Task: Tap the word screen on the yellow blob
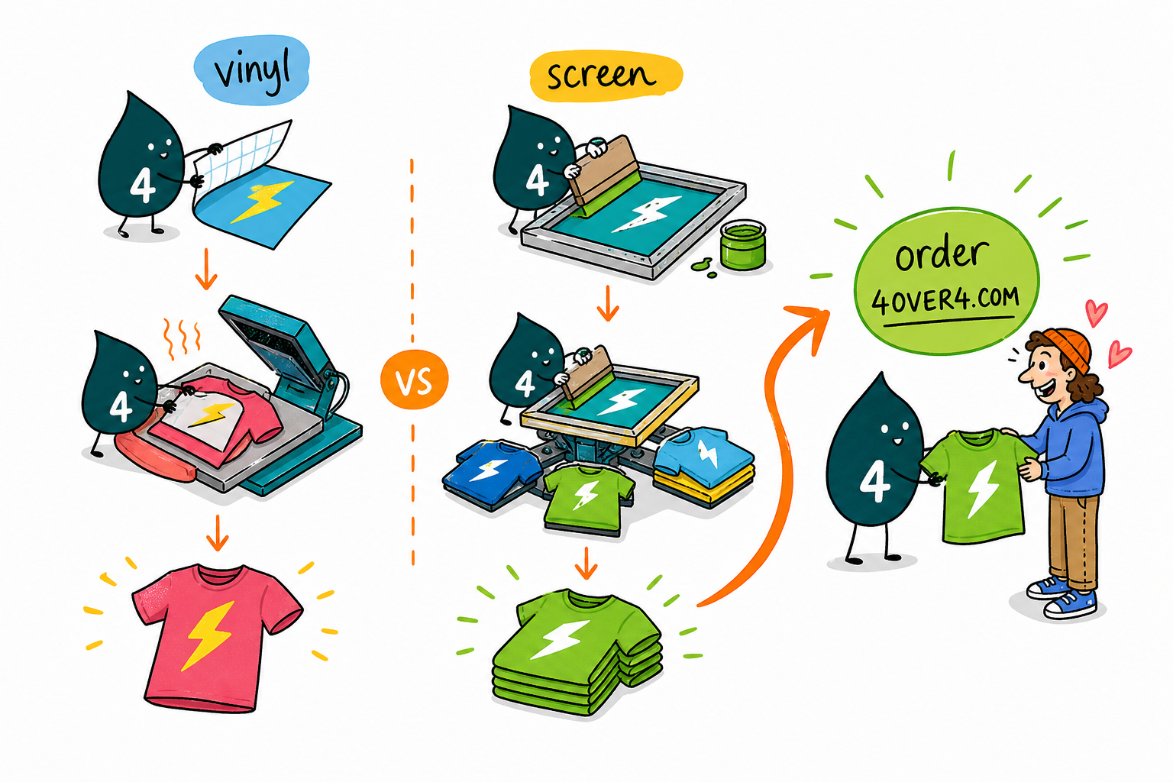601,76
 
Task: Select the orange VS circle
414,380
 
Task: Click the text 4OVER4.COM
945,300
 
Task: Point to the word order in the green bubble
942,254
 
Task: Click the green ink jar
743,244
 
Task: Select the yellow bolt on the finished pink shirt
208,635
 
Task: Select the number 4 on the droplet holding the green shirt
874,483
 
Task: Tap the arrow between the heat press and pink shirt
217,533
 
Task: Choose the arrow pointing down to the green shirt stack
586,563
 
